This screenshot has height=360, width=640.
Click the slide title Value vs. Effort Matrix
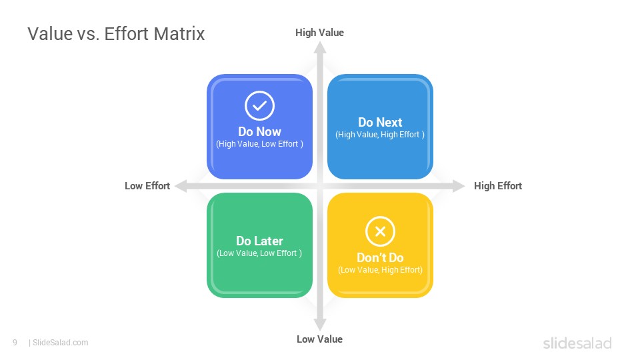tap(116, 34)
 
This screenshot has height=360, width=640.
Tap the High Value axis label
tap(319, 33)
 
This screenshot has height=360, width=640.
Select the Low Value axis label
tap(319, 339)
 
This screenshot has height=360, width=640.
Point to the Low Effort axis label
tap(147, 186)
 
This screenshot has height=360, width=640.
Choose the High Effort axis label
tap(498, 186)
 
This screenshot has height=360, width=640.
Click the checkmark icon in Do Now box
tap(259, 106)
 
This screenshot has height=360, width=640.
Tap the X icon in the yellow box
tap(380, 231)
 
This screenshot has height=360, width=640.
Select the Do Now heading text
tap(259, 132)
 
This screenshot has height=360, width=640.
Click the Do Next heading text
tap(380, 123)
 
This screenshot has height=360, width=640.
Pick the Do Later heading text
tap(259, 241)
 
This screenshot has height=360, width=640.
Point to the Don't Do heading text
tap(380, 257)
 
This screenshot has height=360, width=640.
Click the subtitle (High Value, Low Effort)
tap(259, 144)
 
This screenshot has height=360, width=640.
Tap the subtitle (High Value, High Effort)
tap(380, 135)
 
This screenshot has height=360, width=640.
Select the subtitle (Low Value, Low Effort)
tap(259, 253)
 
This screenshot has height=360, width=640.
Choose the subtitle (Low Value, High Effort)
tap(380, 270)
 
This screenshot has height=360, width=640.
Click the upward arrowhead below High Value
tap(320, 48)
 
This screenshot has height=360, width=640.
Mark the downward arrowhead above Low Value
tap(320, 325)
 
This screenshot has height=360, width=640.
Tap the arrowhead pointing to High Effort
tap(459, 186)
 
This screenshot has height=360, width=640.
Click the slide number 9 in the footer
tap(15, 343)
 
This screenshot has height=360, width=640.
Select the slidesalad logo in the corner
tap(577, 343)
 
